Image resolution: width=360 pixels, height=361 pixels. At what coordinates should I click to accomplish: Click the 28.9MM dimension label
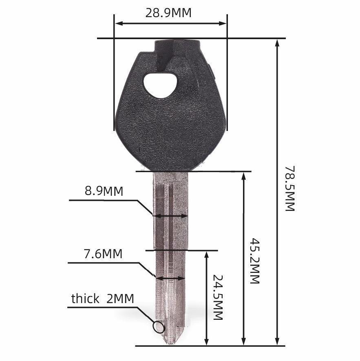click(x=168, y=13)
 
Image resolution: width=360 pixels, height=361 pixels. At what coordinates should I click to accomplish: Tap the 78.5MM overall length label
click(x=290, y=188)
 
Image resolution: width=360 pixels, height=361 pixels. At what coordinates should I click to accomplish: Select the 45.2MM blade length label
click(x=255, y=261)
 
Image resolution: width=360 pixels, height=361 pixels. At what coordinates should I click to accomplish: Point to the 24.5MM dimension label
click(x=218, y=297)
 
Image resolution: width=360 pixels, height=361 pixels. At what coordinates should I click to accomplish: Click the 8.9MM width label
click(x=104, y=191)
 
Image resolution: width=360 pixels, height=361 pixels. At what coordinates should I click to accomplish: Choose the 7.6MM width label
click(x=103, y=254)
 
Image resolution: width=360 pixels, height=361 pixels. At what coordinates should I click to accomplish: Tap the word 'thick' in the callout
click(x=85, y=299)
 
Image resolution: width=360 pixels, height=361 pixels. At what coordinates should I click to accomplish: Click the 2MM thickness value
click(x=120, y=299)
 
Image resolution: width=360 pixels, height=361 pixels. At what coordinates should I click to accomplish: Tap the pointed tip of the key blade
click(x=170, y=344)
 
